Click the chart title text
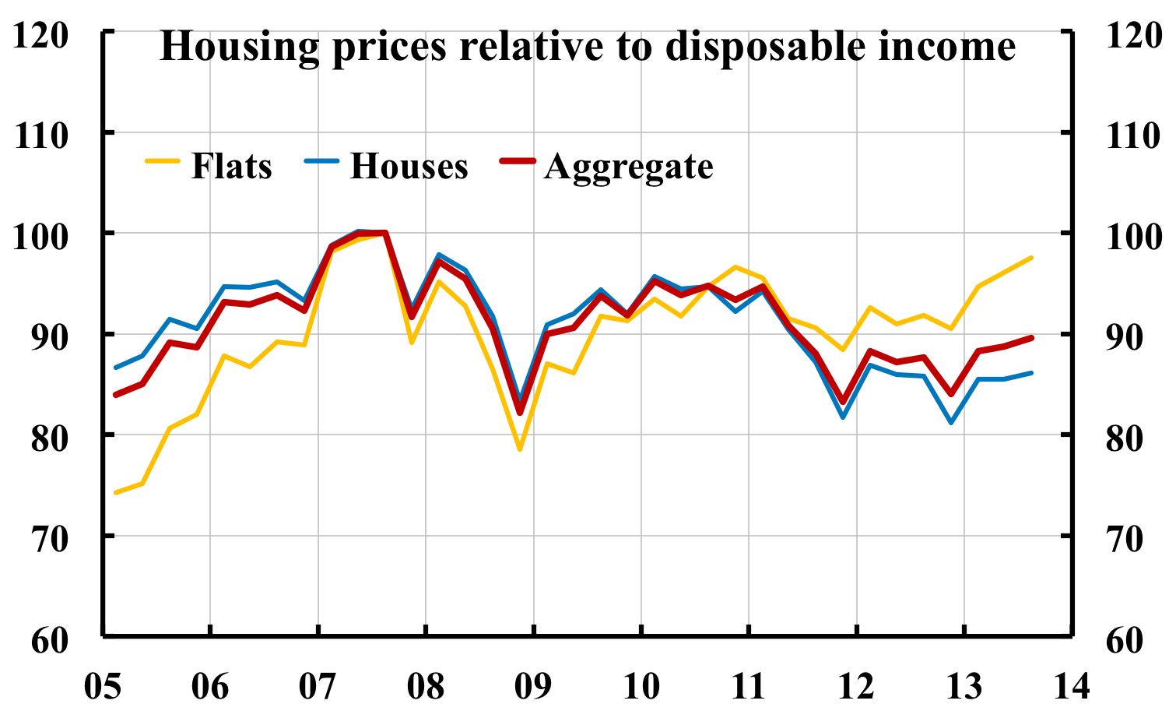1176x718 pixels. (588, 47)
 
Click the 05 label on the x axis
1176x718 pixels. (103, 687)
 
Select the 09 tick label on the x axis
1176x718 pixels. (533, 687)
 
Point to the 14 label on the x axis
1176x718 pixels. (1070, 687)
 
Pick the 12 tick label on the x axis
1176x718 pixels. (855, 687)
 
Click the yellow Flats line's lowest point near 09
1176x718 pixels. (520, 449)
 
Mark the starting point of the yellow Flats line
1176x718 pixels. (115, 493)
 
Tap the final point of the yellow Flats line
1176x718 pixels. (1032, 257)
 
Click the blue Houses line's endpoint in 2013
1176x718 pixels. (1032, 373)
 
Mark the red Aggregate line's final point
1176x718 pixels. (1032, 337)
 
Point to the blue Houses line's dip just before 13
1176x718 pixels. (951, 423)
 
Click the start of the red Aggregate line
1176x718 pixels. (115, 395)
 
